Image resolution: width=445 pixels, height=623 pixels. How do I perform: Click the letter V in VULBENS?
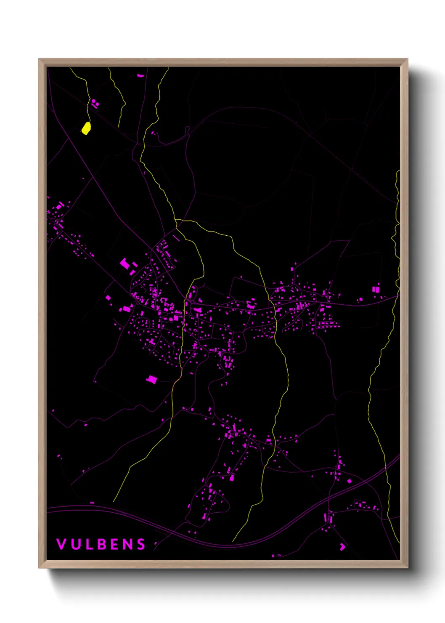coord(61,544)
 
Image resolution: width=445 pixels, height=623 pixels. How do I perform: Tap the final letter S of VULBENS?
coord(141,544)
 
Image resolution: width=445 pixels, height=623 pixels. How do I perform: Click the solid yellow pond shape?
coord(86,128)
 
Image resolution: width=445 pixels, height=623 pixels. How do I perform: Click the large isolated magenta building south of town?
coord(151,380)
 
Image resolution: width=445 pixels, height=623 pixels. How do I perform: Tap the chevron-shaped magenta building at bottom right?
coord(342,546)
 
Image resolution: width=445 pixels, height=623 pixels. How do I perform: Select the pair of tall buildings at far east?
coord(376,289)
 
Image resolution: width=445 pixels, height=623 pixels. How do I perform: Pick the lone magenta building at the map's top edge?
coord(140,76)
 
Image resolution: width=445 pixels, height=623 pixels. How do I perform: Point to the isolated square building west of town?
coord(108,298)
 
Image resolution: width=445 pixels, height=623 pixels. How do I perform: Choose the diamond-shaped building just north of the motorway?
coord(349,481)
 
